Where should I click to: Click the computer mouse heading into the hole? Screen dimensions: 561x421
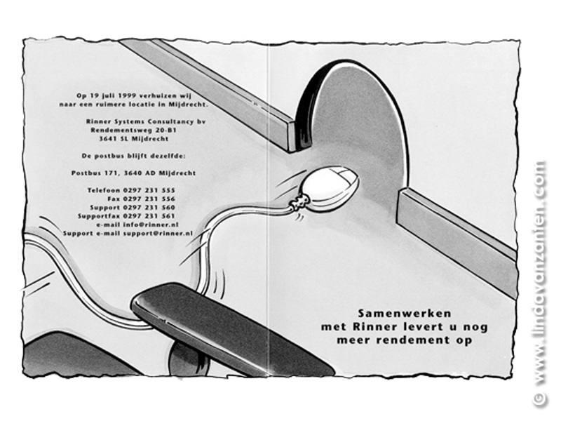tap(329, 188)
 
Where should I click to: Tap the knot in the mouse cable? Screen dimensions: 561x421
tap(300, 202)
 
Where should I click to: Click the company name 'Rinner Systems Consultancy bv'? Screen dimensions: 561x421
tap(146, 121)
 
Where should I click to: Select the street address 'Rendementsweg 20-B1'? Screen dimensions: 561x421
tap(133, 131)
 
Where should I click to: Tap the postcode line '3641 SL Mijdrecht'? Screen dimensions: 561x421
tap(134, 139)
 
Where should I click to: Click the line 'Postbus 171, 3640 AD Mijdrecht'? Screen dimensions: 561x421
tap(133, 173)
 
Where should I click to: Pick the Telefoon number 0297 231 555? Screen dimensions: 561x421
tap(149, 190)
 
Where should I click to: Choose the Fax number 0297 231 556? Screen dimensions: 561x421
tap(149, 199)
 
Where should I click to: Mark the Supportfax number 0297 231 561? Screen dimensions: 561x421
tap(149, 216)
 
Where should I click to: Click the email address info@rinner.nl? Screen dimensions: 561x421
tap(151, 225)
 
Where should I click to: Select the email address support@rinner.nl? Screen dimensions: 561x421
tap(158, 234)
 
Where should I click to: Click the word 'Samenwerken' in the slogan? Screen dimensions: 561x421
tap(405, 314)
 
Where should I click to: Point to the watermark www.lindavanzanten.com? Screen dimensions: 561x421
tap(539, 273)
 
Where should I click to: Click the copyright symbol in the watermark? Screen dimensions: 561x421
tap(539, 399)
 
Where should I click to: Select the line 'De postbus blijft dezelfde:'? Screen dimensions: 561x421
tap(134, 156)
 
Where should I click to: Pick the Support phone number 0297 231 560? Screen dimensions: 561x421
tap(149, 208)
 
